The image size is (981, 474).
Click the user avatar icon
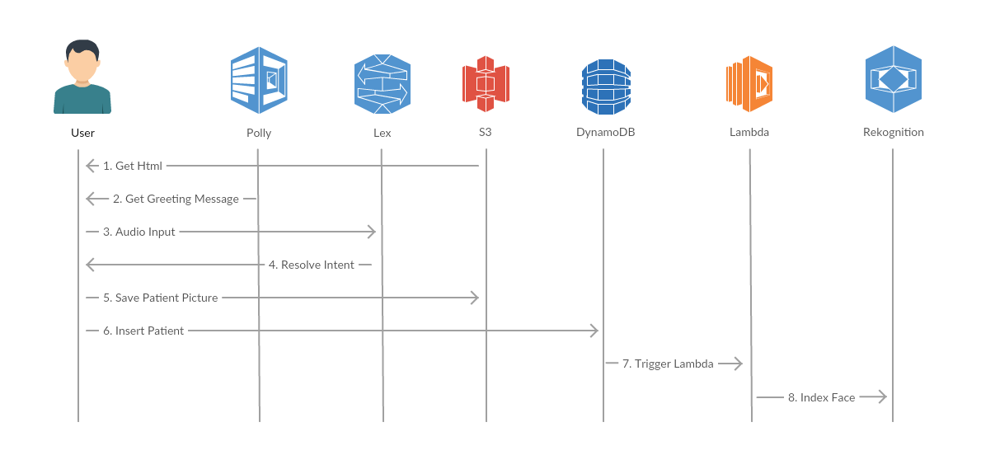point(82,77)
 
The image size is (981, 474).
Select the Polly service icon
point(259,80)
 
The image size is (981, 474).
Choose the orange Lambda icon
point(749,84)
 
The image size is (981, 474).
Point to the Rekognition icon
point(893,79)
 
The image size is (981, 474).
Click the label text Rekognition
point(893,132)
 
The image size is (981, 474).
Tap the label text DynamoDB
point(606,132)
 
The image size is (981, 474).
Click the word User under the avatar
point(82,132)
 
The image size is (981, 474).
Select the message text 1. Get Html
point(133,166)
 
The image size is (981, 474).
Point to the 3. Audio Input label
point(139,232)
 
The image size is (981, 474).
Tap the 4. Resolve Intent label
point(312,265)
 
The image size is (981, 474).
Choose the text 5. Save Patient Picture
point(161,298)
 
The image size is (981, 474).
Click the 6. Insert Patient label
point(143,331)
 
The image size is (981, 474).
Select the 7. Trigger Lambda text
point(668,364)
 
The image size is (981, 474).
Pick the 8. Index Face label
point(821,397)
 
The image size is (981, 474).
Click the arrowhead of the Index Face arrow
point(880,397)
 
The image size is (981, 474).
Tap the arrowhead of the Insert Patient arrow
point(594,331)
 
